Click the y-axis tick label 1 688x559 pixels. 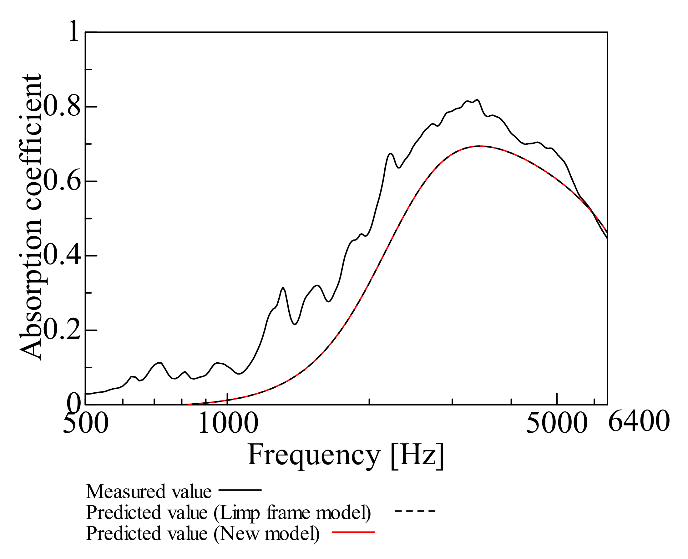coord(74,32)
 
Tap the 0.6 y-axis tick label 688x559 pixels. coord(61,181)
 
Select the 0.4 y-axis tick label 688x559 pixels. coord(61,255)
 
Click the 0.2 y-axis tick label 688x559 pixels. coord(61,330)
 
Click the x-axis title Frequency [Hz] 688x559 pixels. coord(345,455)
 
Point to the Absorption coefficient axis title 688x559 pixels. coord(31,217)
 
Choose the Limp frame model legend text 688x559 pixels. coord(228,512)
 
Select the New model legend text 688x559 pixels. coord(203,533)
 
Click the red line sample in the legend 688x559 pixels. coord(353,532)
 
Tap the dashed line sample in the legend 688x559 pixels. coord(415,511)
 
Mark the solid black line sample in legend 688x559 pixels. coord(240,490)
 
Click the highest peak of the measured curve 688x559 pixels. coord(477,100)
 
